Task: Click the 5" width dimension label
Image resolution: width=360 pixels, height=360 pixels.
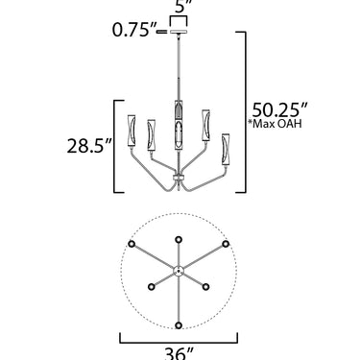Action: pos(183,7)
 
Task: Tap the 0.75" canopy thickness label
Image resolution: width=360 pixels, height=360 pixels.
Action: pos(132,30)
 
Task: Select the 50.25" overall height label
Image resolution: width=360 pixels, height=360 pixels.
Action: pos(279,110)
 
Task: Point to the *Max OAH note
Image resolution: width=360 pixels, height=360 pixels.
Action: pos(275,124)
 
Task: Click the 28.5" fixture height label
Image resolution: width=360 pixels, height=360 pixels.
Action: pos(89,146)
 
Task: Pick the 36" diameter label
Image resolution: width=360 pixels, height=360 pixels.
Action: pos(179,353)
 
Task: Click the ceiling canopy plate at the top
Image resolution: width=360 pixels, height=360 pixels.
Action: pos(179,32)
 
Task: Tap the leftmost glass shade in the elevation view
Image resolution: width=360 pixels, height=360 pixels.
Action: pos(132,131)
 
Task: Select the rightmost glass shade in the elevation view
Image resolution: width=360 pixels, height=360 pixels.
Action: pos(226,149)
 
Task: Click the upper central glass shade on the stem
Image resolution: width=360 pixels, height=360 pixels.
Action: pos(179,109)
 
